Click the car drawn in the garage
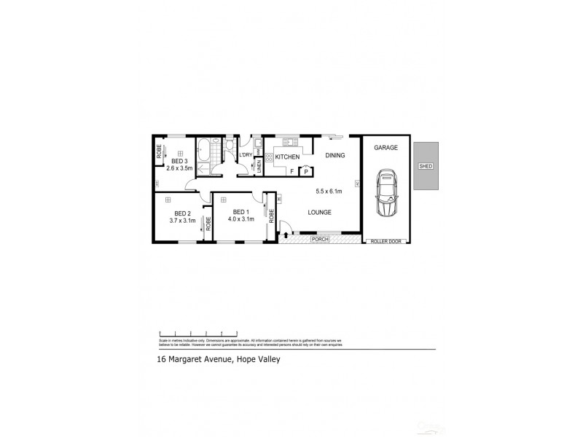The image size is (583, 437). (386, 193)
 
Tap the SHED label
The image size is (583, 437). (426, 166)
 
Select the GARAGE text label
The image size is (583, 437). (386, 147)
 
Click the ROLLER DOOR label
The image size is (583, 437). (386, 240)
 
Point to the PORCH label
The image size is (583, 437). (320, 239)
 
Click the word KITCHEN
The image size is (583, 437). (287, 157)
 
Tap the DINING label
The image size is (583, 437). (335, 155)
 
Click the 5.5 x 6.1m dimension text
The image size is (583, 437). (329, 192)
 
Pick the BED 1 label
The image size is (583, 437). (240, 211)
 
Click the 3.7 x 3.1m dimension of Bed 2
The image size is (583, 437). (182, 219)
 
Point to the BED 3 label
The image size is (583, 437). (180, 161)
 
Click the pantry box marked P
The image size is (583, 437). (306, 171)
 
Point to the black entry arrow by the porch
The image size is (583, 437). (286, 234)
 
